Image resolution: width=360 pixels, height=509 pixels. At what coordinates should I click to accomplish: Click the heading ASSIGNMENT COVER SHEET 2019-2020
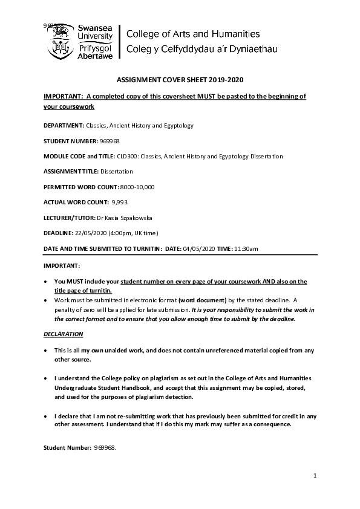click(179, 80)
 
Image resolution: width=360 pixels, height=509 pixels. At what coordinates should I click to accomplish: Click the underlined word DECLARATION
click(64, 334)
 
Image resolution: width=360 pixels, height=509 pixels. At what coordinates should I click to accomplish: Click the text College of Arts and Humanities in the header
click(192, 34)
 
